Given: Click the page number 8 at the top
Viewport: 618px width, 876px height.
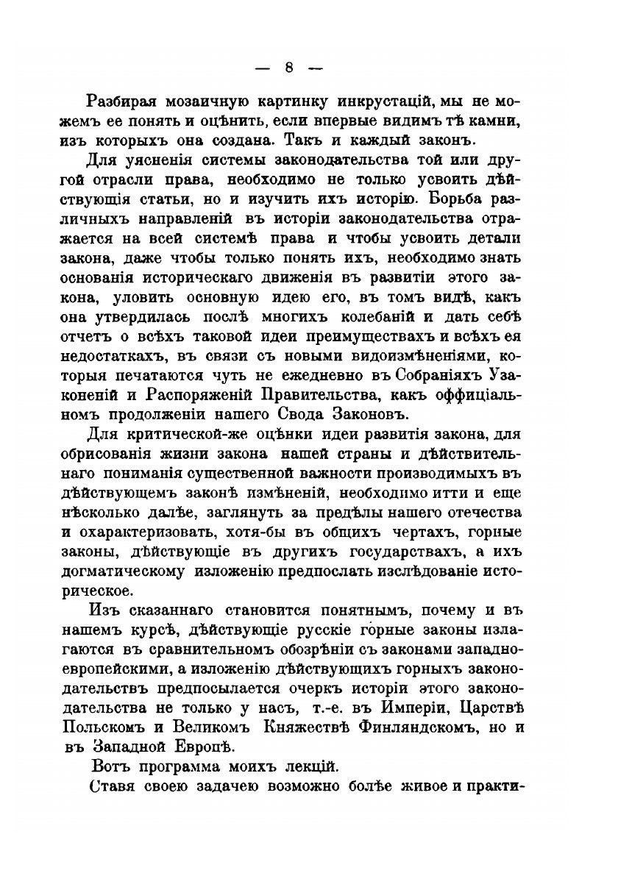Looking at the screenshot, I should pos(289,68).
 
